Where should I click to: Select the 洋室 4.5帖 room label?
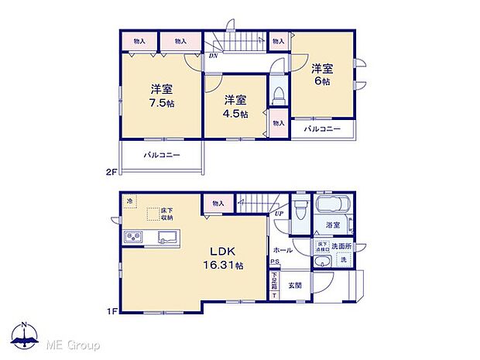(x=236, y=106)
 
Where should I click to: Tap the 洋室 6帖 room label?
(x=322, y=74)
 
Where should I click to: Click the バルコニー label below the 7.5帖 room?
(x=161, y=156)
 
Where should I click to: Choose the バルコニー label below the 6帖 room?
(x=321, y=129)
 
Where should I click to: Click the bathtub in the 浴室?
(x=332, y=208)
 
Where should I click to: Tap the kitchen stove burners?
(x=132, y=237)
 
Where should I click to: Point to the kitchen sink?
(x=166, y=237)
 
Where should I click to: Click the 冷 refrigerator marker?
(x=130, y=201)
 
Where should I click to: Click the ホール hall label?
(x=282, y=250)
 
